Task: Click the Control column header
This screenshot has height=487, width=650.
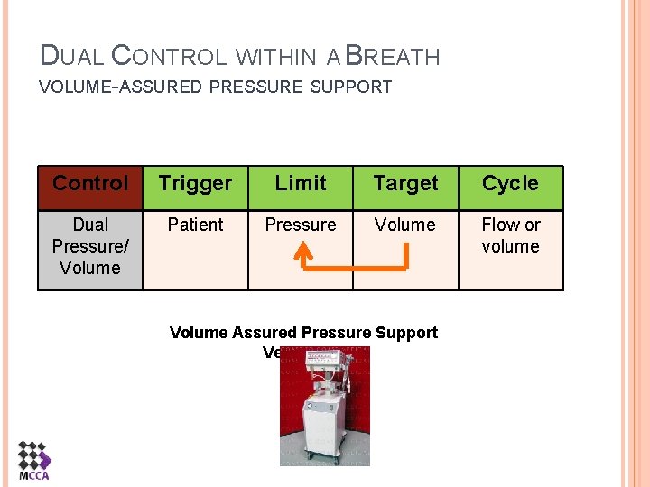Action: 90,184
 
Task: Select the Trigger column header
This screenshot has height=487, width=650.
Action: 195,184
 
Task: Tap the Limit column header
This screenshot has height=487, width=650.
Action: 301,184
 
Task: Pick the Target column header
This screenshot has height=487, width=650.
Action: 405,184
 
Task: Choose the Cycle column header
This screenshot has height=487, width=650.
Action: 510,184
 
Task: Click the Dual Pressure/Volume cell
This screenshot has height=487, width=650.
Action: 90,246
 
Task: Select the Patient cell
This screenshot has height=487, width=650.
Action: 195,225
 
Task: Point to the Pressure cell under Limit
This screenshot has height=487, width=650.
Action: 301,225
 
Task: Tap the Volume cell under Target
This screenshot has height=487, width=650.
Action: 405,225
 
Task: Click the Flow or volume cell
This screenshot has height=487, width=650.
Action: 510,235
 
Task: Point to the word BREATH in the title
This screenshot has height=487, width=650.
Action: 393,57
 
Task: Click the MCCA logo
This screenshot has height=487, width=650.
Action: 33,461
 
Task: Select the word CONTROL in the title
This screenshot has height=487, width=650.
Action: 169,57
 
